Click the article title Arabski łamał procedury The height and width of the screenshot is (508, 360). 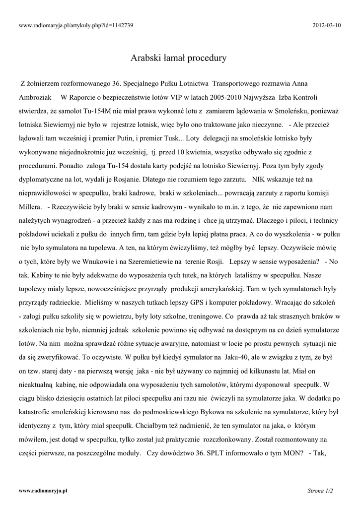tap(178, 58)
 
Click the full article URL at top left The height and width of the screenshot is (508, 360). tap(75, 25)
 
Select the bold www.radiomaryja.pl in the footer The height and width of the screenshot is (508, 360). tap(43, 490)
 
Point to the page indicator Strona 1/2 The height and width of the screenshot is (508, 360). tap(320, 490)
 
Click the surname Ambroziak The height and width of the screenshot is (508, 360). tap(35, 97)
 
